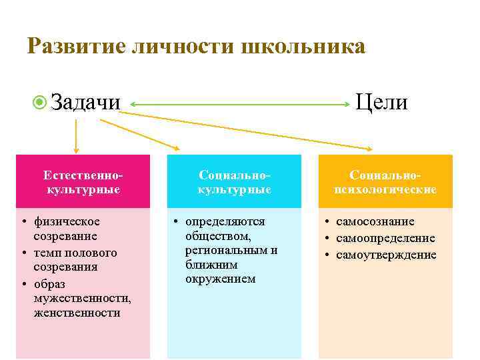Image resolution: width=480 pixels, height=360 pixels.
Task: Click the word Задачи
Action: pos(85,103)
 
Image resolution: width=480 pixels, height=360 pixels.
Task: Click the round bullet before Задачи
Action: pos(40,103)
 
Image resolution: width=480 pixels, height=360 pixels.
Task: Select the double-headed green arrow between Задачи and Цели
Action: pos(240,104)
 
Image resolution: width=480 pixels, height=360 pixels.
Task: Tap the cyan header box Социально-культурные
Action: pos(234,181)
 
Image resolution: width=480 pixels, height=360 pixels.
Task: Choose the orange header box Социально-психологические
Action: pos(385,181)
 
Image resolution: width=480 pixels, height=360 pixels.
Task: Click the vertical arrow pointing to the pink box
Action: pos(76,137)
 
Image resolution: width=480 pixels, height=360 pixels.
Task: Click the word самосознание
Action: pos(375,221)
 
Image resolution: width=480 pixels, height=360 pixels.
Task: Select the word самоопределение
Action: pos(385,238)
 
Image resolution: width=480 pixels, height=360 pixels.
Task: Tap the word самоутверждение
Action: pos(386,255)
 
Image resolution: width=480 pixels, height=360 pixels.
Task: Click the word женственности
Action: pos(77,313)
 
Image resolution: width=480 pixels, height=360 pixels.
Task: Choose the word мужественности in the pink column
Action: pos(81,298)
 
